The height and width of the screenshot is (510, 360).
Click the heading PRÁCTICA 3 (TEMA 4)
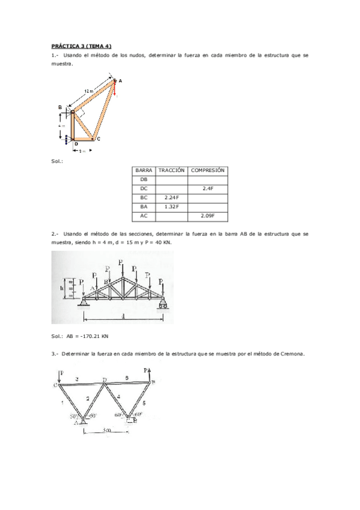pyautogui.click(x=82, y=46)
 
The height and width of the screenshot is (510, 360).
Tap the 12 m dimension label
pyautogui.click(x=88, y=91)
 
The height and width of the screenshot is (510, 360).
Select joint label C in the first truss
pyautogui.click(x=98, y=139)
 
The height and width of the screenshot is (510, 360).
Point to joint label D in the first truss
pyautogui.click(x=76, y=144)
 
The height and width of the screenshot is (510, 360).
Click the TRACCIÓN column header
pyautogui.click(x=171, y=171)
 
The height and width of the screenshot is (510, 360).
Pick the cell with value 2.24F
pyautogui.click(x=171, y=197)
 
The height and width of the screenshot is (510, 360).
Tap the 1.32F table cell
pyautogui.click(x=171, y=206)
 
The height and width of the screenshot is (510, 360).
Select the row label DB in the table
pyautogui.click(x=143, y=180)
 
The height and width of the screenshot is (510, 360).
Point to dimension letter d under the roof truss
pyautogui.click(x=123, y=316)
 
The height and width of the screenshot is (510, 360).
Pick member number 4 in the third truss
pyautogui.click(x=118, y=396)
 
